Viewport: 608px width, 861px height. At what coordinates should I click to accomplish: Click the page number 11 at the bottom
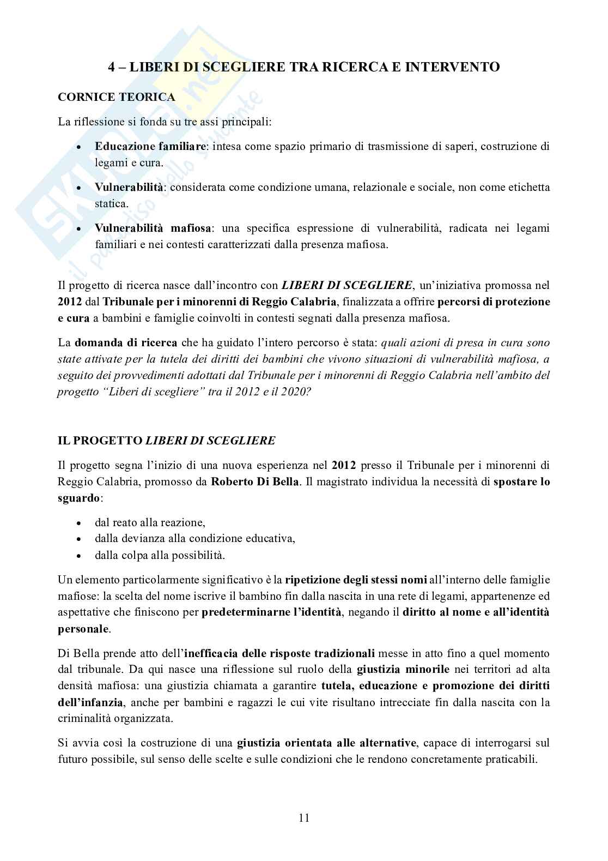tap(304, 818)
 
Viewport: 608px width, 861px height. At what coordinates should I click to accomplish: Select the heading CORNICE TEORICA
tap(116, 97)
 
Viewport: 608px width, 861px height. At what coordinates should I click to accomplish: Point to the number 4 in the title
tap(111, 67)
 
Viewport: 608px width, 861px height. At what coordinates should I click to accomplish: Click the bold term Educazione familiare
tap(150, 146)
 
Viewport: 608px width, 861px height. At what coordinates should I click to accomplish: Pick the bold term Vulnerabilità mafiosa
tap(154, 228)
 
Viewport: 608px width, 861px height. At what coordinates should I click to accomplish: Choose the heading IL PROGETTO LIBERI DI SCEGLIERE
tap(166, 440)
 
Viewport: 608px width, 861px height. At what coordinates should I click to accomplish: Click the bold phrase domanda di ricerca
tap(126, 343)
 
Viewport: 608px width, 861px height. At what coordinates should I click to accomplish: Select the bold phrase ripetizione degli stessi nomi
tap(349, 580)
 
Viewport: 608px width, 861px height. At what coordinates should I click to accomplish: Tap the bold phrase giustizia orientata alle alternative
tap(325, 743)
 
